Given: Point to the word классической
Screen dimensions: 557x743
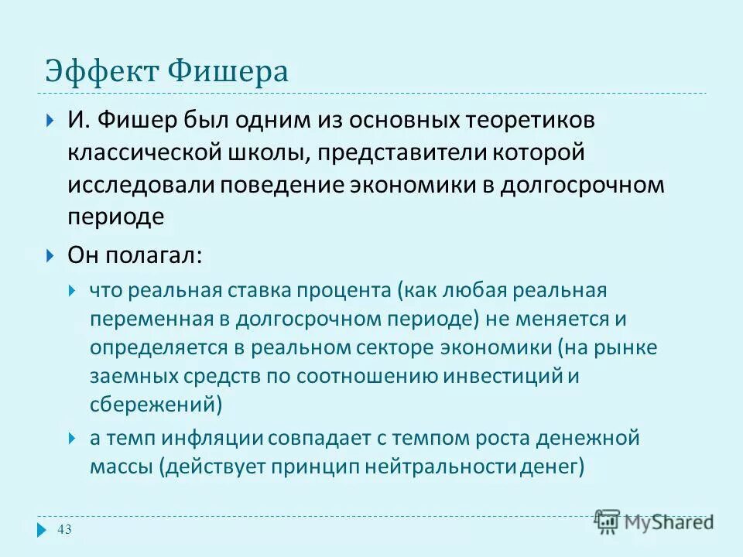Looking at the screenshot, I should (144, 153).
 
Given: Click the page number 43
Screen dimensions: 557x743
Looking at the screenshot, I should (64, 529).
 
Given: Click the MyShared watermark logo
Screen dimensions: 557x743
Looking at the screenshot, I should (655, 521).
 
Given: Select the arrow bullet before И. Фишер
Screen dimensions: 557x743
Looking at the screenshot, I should (50, 121).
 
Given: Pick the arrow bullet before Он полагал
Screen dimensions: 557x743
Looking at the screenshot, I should (50, 255).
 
